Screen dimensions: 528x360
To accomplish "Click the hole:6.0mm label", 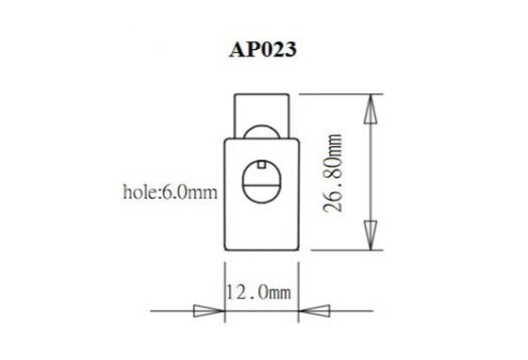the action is click(x=171, y=193).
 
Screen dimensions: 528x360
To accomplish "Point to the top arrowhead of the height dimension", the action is click(x=371, y=112).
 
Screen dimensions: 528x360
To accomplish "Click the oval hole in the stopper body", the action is click(x=261, y=181).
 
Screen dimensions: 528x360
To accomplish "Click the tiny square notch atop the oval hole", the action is click(x=261, y=164).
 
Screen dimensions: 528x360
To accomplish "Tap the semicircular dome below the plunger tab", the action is click(x=261, y=135).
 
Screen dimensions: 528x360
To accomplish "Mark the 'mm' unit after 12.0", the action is click(x=280, y=294).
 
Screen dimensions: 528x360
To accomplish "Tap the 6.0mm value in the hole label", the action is click(x=190, y=193).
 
